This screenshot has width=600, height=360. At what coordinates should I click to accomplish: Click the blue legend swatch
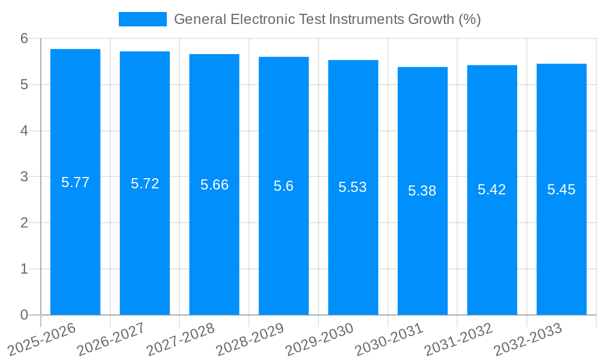(143, 19)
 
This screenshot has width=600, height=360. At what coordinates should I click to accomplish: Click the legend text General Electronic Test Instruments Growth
(327, 19)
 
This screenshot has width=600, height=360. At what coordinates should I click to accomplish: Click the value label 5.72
(145, 184)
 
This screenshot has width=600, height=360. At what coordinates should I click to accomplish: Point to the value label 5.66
(214, 185)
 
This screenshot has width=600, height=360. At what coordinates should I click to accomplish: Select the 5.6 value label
(283, 186)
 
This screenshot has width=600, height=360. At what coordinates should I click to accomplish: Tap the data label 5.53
(353, 187)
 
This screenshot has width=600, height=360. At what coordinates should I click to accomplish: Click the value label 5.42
(492, 190)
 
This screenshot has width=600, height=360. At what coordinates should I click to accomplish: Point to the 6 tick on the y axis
(24, 38)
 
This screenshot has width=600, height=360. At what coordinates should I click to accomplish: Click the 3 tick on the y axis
(24, 177)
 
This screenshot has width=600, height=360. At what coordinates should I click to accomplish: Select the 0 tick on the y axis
(24, 315)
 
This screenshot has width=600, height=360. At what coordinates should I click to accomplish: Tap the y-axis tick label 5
(24, 85)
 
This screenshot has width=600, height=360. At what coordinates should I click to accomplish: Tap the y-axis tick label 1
(24, 269)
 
